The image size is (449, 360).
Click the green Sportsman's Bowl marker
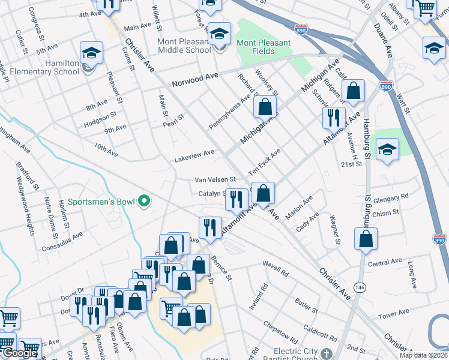pyautogui.click(x=144, y=202)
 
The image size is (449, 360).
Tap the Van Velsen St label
pyautogui.click(x=215, y=179)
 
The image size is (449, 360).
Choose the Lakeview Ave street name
pyautogui.click(x=194, y=156)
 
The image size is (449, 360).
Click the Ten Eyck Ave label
pyautogui.click(x=265, y=161)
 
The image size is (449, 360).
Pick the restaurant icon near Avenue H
pyautogui.click(x=333, y=118)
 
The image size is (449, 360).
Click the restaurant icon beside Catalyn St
pyautogui.click(x=237, y=199)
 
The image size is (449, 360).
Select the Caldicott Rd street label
pyautogui.click(x=319, y=330)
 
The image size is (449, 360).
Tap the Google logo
pyautogui.click(x=20, y=353)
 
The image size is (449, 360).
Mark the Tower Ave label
pyautogui.click(x=393, y=315)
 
